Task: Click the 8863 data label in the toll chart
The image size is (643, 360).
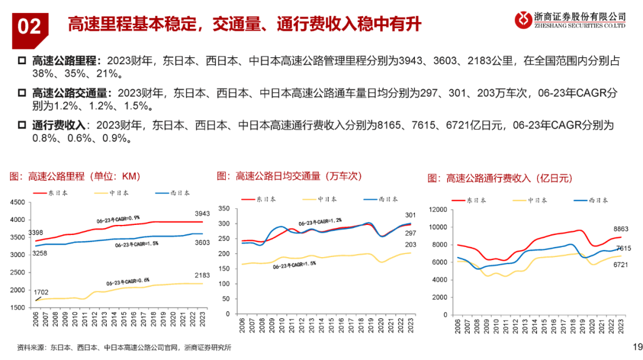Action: click(x=620, y=229)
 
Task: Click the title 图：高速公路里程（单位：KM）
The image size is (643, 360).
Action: click(x=74, y=176)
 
